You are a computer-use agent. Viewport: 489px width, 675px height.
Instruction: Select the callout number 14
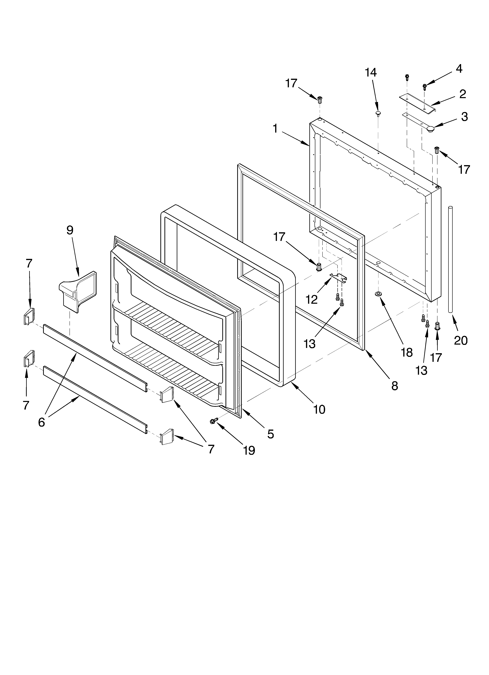[371, 72]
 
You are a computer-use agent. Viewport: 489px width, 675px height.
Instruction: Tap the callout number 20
[461, 340]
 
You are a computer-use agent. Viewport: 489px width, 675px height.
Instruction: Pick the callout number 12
[312, 300]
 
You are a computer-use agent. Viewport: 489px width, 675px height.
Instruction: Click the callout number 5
[270, 434]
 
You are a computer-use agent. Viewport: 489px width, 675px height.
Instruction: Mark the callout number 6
[41, 422]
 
